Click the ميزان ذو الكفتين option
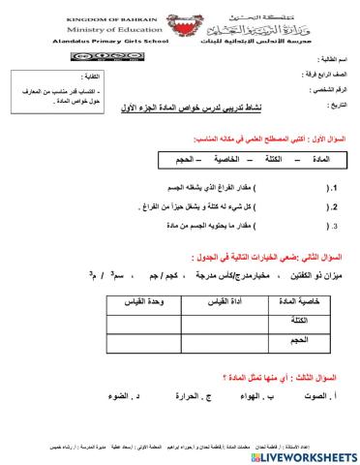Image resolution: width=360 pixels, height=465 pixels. (304, 276)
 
